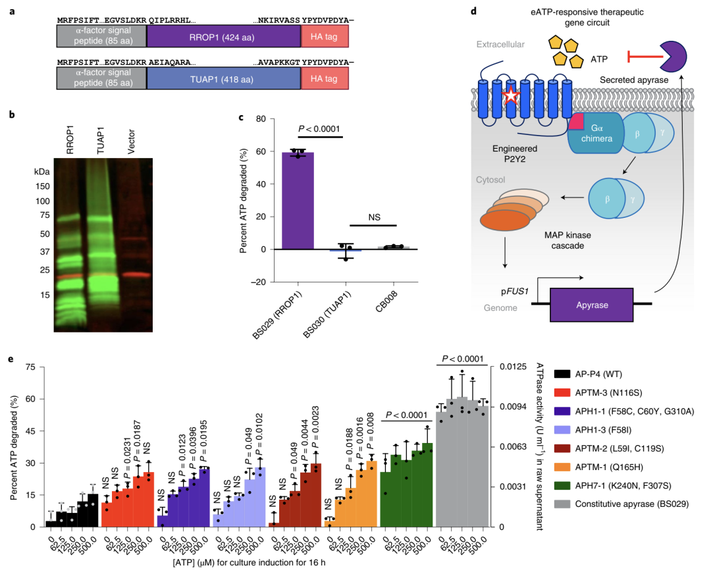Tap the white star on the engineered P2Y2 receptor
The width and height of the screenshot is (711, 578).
click(x=511, y=97)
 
